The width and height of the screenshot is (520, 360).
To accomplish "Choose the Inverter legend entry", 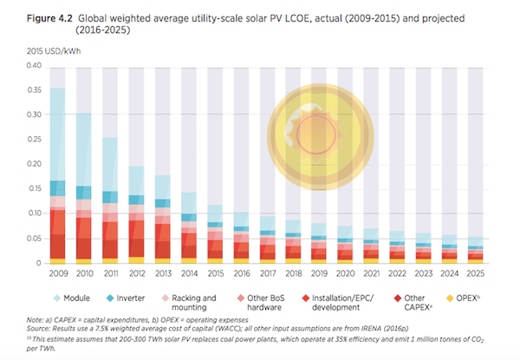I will click(x=124, y=296).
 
